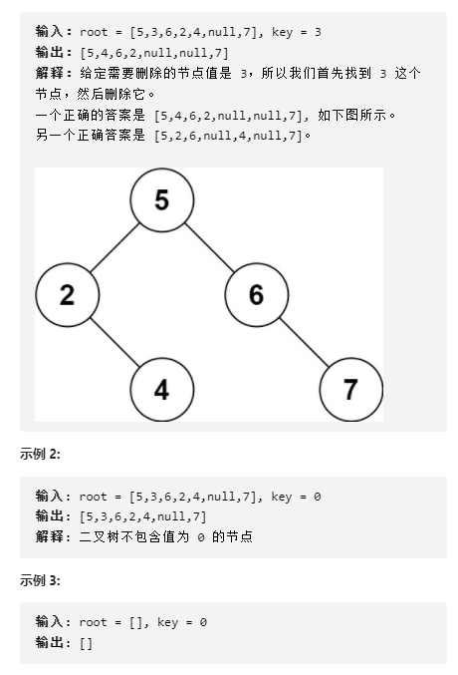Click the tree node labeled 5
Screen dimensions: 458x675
[x=162, y=200]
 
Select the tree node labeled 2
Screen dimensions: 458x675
[x=68, y=295]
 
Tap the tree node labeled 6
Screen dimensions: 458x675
[x=257, y=295]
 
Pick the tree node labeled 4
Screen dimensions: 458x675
[x=162, y=390]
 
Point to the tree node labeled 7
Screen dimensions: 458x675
[x=351, y=390]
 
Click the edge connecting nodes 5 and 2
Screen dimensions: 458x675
[x=114, y=247]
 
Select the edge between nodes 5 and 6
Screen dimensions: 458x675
[x=209, y=247]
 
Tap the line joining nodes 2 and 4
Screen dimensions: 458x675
[x=114, y=342]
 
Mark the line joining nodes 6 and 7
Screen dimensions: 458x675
[x=304, y=342]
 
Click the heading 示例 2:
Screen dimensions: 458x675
[x=40, y=454]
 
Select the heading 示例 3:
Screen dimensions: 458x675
[x=40, y=580]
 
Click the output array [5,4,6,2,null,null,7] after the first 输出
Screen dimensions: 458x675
[x=154, y=53]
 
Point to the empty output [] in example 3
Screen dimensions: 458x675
[x=86, y=643]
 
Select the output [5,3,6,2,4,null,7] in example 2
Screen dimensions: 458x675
[x=143, y=516]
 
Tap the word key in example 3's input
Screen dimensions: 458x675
[x=167, y=622]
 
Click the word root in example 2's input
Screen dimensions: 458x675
[x=93, y=497]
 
